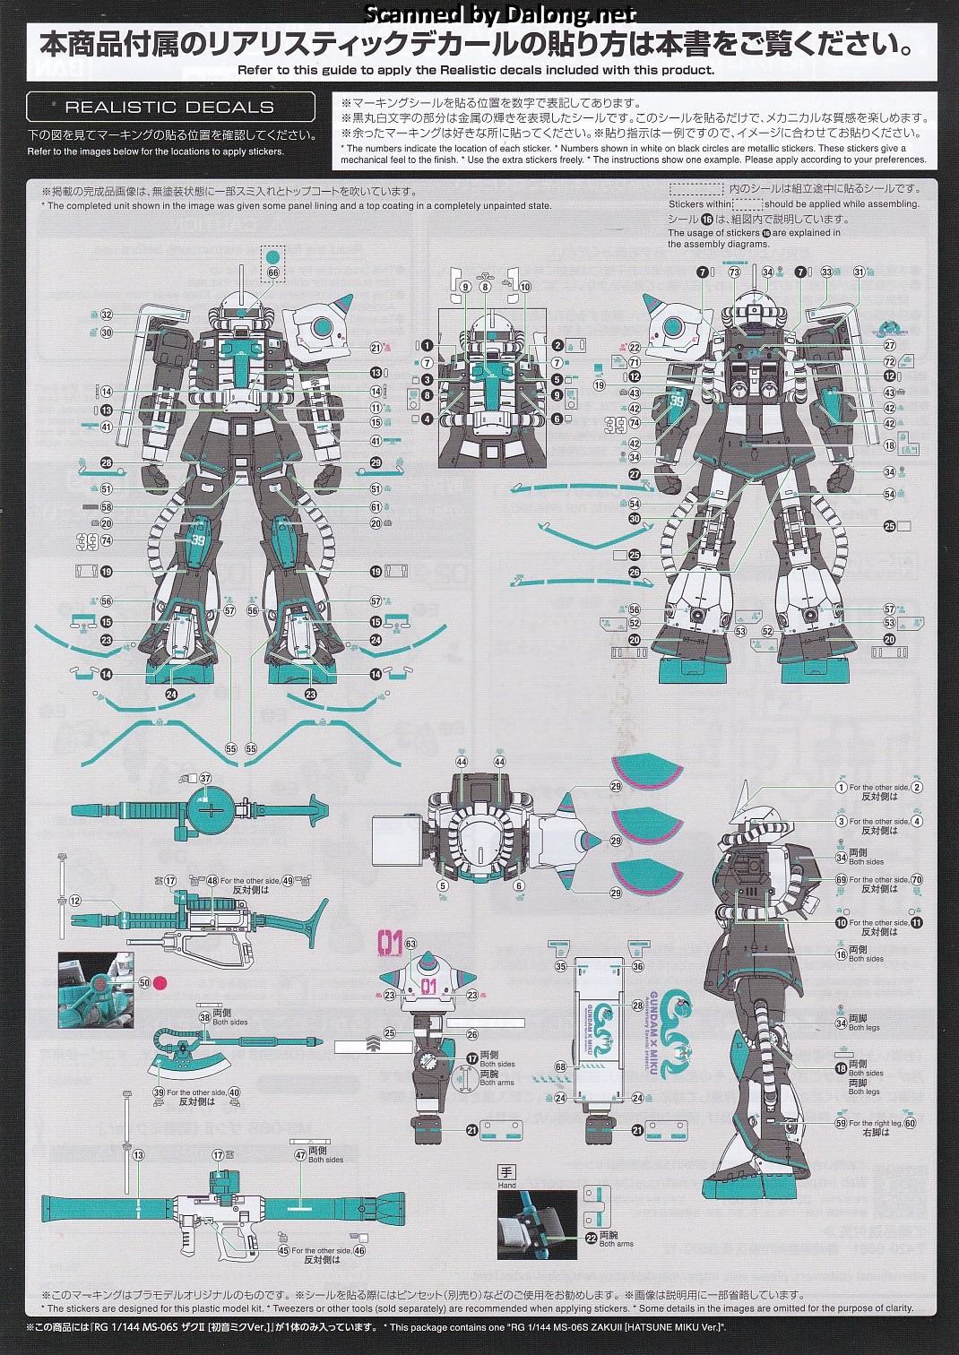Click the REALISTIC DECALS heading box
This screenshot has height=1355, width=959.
170,107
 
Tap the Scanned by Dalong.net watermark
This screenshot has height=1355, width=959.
501,13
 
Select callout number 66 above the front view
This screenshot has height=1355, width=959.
273,272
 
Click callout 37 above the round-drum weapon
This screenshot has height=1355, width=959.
205,779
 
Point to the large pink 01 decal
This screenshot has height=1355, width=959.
391,943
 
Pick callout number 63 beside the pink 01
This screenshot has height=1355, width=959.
410,944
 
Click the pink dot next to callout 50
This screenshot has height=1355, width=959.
160,983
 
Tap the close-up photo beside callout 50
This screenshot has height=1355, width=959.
96,989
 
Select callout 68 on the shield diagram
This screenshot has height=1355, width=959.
561,1067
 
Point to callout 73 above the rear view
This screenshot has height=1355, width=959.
734,272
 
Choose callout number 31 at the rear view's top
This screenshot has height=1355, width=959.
859,272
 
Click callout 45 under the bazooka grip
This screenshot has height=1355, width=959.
283,1250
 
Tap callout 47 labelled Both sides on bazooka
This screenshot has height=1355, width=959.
300,1155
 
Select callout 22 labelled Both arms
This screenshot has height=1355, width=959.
591,1238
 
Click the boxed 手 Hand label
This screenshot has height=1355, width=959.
506,1172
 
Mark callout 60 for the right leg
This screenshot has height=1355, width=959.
910,1123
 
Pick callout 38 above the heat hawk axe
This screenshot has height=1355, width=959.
204,1017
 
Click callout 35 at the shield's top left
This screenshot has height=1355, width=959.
561,966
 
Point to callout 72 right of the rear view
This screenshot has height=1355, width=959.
889,362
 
